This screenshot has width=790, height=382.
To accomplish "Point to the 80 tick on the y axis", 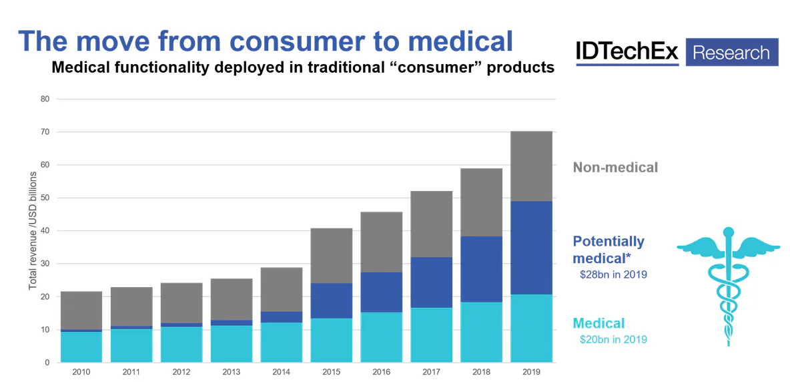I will pyautogui.click(x=45, y=99).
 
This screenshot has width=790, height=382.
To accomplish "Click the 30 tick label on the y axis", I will pyautogui.click(x=45, y=264).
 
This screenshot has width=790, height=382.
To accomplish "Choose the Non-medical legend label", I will pyautogui.click(x=615, y=167).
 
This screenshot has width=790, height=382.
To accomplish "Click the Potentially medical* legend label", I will pyautogui.click(x=609, y=249).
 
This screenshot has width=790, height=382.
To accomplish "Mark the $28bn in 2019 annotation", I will pyautogui.click(x=613, y=274).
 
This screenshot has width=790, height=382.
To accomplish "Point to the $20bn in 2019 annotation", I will pyautogui.click(x=613, y=339).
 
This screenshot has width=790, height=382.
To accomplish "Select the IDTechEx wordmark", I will pyautogui.click(x=627, y=52).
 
